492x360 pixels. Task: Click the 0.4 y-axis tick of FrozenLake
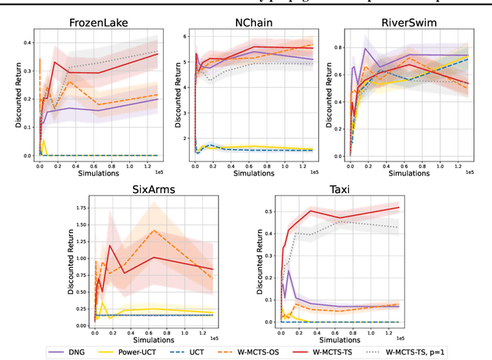[28, 42]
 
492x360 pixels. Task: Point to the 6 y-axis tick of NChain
[187, 35]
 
